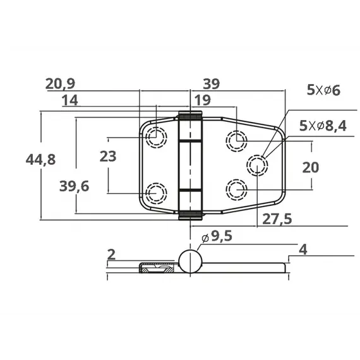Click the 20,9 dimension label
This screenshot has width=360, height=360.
[x=60, y=84]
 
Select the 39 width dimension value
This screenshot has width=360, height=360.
[x=212, y=84]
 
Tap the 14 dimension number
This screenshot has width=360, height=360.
[x=70, y=100]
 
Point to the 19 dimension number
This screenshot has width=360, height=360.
[x=203, y=100]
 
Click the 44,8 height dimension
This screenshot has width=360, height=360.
[x=40, y=160]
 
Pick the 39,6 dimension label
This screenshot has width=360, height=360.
[x=74, y=186]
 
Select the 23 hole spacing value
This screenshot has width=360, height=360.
[x=108, y=157]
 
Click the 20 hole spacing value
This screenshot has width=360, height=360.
[x=311, y=167]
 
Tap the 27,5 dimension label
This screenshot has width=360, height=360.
[x=277, y=219]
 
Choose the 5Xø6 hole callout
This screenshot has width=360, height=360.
[x=323, y=90]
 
